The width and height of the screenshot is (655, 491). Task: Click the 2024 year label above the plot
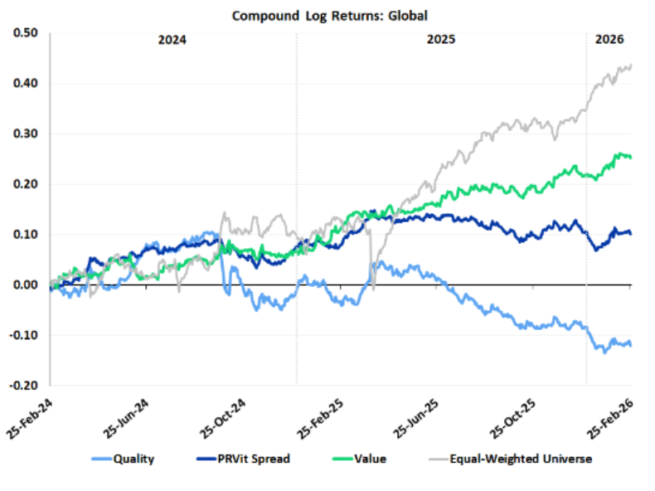click(172, 40)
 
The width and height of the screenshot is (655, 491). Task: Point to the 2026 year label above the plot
click(609, 40)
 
